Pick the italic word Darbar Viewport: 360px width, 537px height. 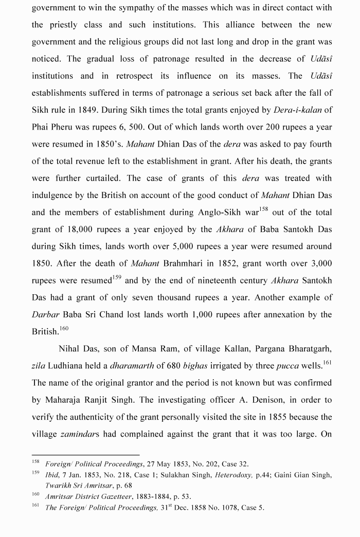click(46, 314)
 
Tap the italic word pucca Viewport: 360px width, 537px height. click(287, 365)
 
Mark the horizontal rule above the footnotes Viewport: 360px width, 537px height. click(85, 455)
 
